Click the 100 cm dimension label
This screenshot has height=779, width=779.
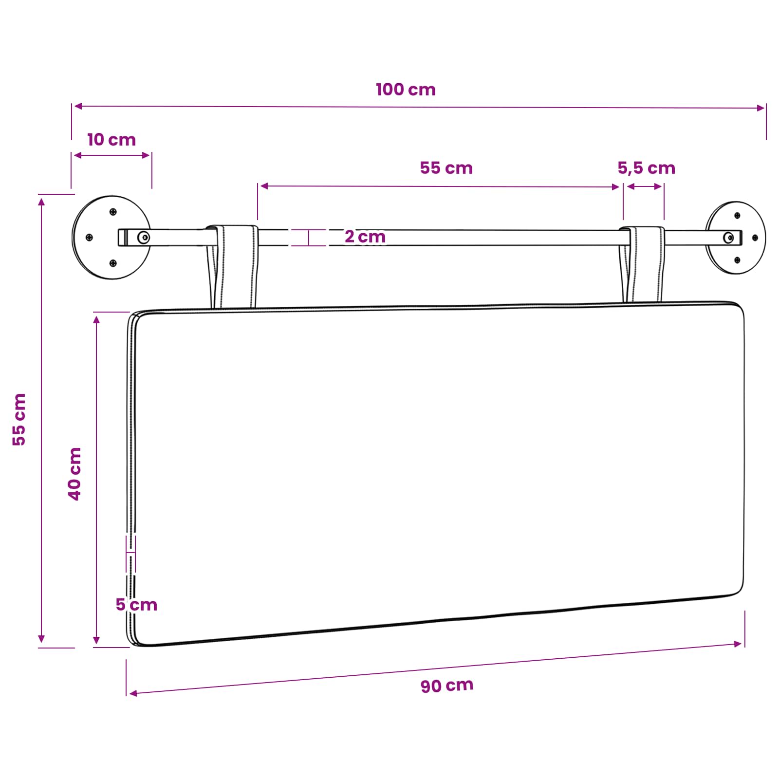pos(406,90)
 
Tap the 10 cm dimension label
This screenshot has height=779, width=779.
pos(111,140)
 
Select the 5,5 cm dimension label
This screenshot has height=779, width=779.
pos(647,168)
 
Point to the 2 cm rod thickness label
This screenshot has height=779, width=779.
pos(365,237)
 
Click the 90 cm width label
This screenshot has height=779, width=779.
pos(447,686)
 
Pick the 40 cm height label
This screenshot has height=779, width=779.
pos(74,474)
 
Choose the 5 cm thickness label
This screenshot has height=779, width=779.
pos(136,605)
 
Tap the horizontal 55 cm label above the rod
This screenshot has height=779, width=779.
pos(446,168)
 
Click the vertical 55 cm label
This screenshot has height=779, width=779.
pos(19,419)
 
